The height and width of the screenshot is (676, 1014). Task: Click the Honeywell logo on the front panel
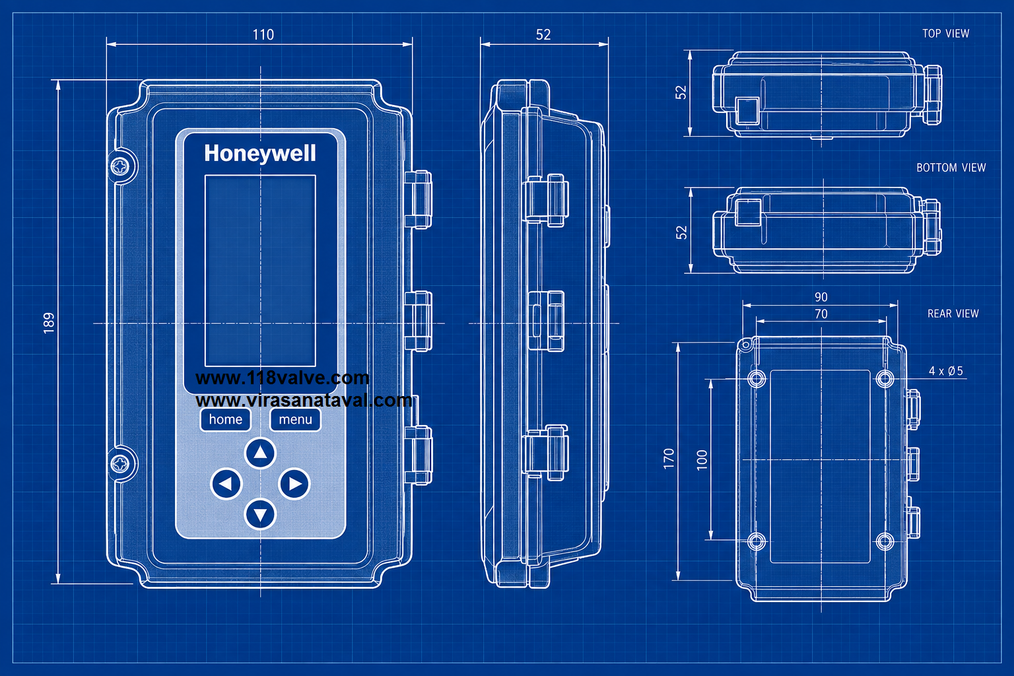260,154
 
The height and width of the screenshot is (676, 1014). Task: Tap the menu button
295,420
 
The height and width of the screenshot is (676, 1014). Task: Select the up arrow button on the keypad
260,452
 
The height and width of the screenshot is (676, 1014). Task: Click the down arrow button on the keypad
260,514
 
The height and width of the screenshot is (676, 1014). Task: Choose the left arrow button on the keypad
226,484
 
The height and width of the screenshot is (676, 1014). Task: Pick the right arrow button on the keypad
294,484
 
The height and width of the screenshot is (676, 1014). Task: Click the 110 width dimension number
263,35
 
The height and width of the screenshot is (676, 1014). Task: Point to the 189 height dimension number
49,323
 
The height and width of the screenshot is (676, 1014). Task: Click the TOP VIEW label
945,34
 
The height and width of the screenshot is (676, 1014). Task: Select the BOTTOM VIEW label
951,168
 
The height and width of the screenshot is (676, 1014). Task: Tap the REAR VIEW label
953,314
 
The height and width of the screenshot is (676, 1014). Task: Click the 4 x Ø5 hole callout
945,371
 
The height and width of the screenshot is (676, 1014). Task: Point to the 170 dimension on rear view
669,459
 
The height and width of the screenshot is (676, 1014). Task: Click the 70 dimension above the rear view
821,314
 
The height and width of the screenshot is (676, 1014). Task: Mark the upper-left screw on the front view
120,166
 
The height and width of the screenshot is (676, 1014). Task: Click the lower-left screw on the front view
120,463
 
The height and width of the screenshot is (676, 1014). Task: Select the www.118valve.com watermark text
283,378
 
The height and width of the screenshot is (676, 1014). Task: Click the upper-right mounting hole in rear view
885,378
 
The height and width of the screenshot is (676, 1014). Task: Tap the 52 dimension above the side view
543,35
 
